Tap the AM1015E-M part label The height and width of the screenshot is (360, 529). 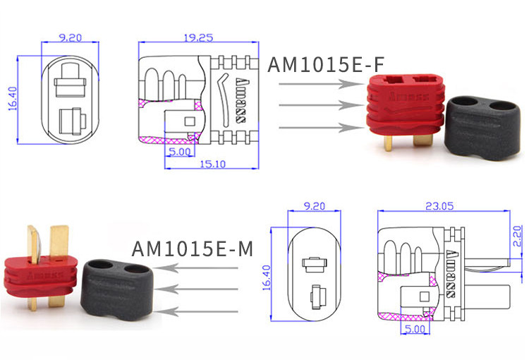(x=192, y=248)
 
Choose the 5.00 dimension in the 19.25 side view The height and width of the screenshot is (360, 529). (x=179, y=151)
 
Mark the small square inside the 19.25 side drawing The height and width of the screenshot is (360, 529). (x=189, y=121)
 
